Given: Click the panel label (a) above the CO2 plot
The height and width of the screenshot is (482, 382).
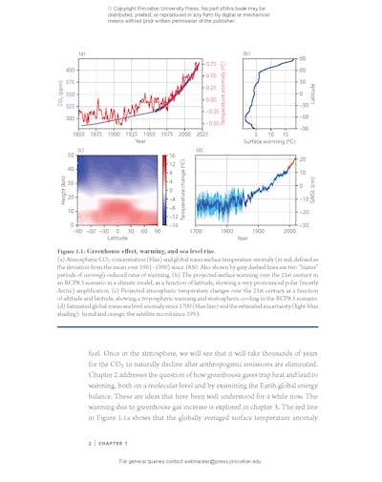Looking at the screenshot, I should pyautogui.click(x=83, y=53).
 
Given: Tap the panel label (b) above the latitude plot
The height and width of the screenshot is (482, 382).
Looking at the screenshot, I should pyautogui.click(x=246, y=53).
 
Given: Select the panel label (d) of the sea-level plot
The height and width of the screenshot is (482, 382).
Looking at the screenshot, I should pyautogui.click(x=200, y=151).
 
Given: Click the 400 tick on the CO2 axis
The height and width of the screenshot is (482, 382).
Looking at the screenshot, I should pyautogui.click(x=72, y=71).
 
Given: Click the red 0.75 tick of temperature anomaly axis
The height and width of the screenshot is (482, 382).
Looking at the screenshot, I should pyautogui.click(x=209, y=63).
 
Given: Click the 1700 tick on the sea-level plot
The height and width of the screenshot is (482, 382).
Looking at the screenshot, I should pyautogui.click(x=197, y=231).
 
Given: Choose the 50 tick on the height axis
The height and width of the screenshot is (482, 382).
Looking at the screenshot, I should pyautogui.click(x=71, y=155).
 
